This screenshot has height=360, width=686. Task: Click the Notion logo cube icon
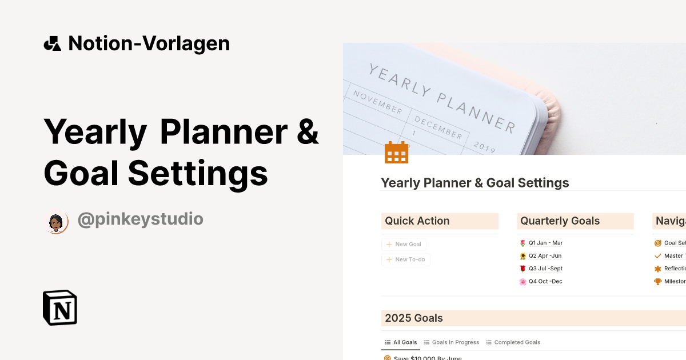pos(60,307)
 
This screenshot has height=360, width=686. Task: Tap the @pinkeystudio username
pos(140,219)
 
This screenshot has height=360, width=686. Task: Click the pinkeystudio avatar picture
pos(56,222)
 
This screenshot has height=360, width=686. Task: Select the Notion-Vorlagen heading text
pos(149,43)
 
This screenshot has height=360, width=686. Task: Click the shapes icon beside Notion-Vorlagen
pos(53,43)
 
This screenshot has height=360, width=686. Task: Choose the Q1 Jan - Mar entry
pos(545,243)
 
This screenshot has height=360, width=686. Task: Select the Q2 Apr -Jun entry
pos(545,256)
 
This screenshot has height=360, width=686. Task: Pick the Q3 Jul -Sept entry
pos(545,269)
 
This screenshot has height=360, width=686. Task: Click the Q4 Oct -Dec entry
pos(545,281)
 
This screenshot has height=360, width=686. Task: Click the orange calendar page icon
pos(396,153)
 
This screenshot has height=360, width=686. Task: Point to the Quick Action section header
pos(417,221)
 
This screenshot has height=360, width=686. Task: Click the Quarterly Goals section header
pos(560,221)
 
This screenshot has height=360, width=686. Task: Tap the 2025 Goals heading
pos(414,318)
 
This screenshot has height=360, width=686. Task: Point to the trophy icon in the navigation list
pos(657,281)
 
